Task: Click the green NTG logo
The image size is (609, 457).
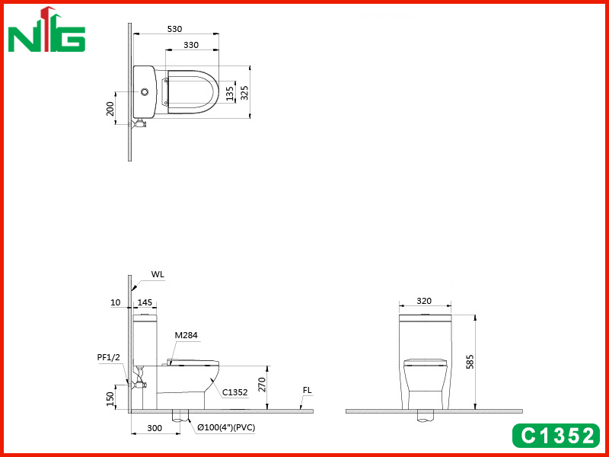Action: (x=46, y=30)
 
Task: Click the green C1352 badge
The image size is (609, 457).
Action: (x=556, y=436)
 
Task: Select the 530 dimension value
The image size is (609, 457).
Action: (x=174, y=29)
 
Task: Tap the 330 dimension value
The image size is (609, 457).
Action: (x=191, y=45)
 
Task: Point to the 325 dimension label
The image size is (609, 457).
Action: (x=244, y=92)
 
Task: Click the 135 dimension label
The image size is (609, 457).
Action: (x=230, y=94)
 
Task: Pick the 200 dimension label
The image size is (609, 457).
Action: (x=110, y=108)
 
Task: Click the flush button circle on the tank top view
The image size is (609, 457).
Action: (x=145, y=92)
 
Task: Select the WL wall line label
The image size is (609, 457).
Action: (x=158, y=274)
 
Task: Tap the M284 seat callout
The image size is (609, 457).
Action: (x=186, y=335)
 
